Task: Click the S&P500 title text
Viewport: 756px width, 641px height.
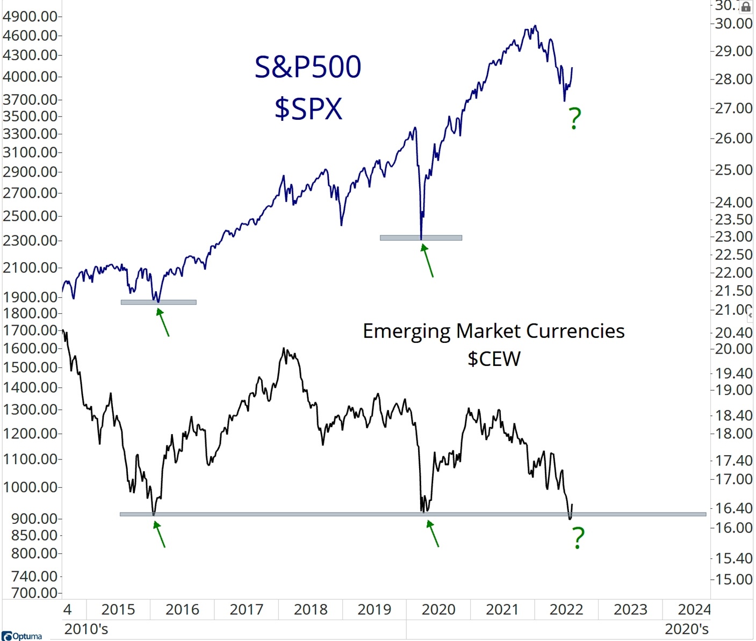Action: click(x=308, y=68)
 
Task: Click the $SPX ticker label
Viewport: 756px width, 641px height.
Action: click(x=308, y=109)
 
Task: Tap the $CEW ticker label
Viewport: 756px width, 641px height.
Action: click(x=494, y=359)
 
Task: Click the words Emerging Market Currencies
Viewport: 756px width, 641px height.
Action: click(x=493, y=331)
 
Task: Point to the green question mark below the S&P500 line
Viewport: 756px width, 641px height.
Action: click(x=575, y=119)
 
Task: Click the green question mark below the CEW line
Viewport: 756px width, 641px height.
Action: click(x=578, y=537)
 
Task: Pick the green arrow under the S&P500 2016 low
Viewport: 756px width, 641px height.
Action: click(x=163, y=322)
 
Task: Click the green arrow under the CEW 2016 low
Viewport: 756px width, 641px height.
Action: click(x=159, y=535)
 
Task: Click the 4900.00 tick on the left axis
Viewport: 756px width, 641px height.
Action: click(x=30, y=17)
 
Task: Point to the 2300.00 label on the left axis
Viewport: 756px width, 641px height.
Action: click(x=30, y=240)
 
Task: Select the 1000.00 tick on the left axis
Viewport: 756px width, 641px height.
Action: click(x=30, y=487)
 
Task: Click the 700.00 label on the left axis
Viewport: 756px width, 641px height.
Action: click(x=33, y=593)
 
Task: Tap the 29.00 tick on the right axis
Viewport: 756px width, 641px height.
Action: click(x=733, y=51)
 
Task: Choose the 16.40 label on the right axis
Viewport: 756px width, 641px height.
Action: click(x=733, y=508)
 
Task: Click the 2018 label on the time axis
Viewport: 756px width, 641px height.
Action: click(x=311, y=610)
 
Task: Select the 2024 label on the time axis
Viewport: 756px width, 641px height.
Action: click(x=694, y=610)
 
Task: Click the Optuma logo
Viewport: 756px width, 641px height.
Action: click(x=22, y=636)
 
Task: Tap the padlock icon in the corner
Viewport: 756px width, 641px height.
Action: click(x=746, y=7)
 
